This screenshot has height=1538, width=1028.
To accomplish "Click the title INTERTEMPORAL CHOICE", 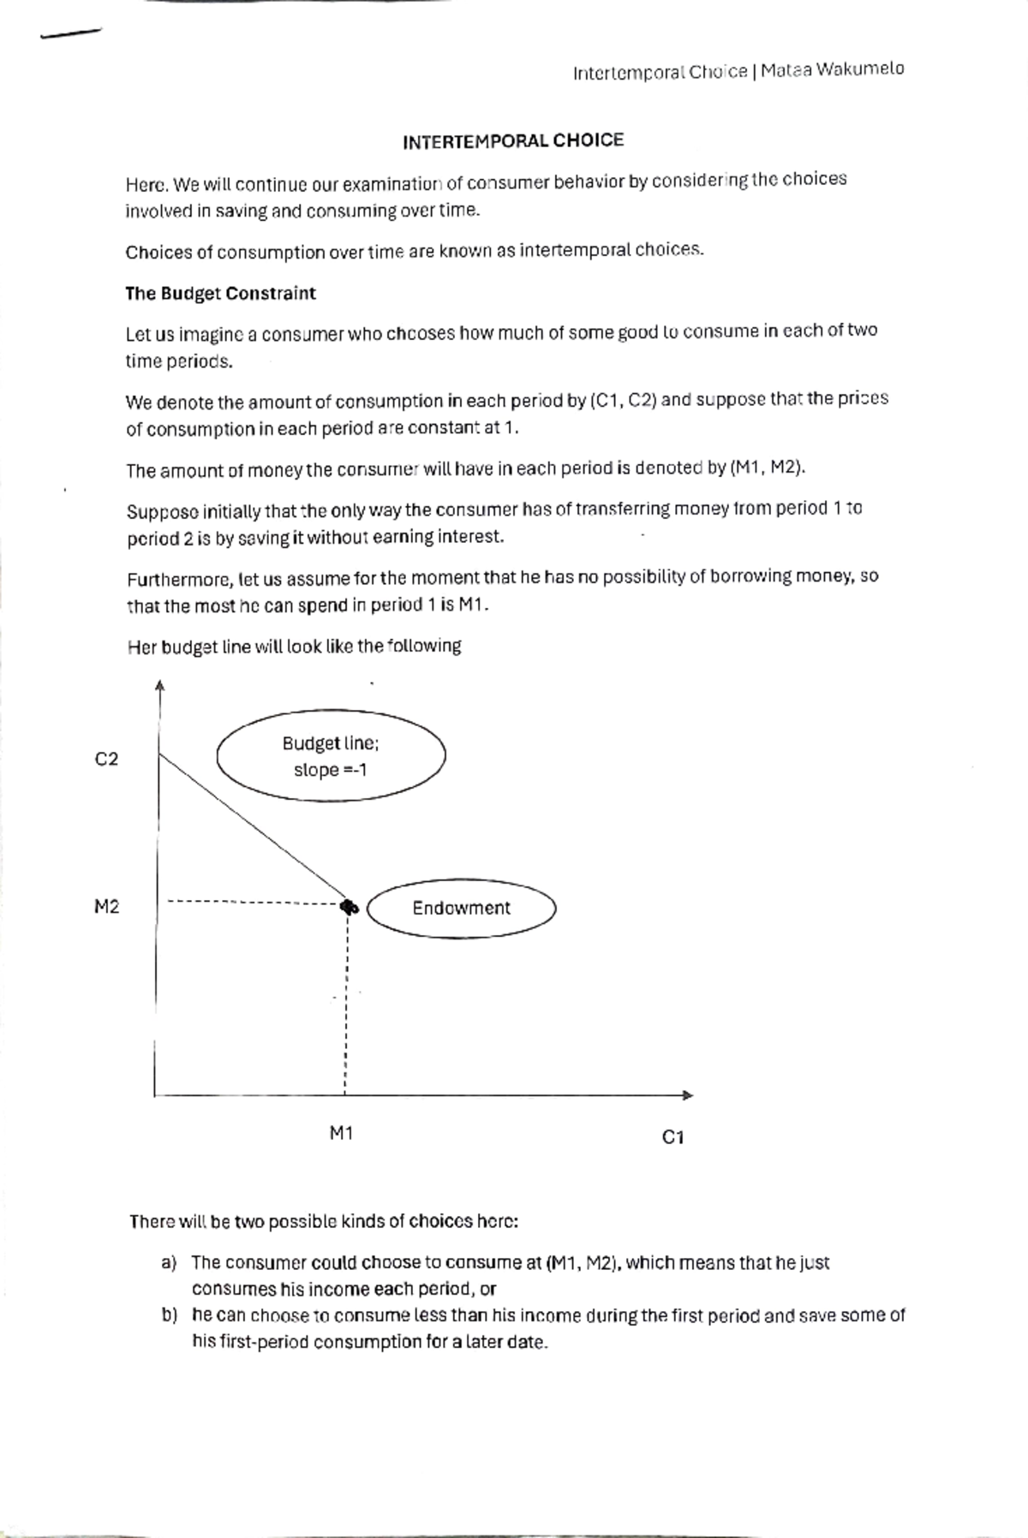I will coord(513,141).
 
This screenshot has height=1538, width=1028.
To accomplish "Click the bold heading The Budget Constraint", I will coord(220,294).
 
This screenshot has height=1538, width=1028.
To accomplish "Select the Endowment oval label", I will coord(462,909).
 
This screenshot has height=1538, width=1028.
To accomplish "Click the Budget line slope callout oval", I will coord(331,756).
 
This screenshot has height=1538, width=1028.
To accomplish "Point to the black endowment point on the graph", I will coord(348,907).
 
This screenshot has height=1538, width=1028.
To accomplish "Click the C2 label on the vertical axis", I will coord(106,760).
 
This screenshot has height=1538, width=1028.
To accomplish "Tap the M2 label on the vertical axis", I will coord(106,907).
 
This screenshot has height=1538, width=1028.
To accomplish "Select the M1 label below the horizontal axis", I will coord(341,1134).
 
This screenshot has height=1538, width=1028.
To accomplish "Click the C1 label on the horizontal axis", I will coord(673,1137).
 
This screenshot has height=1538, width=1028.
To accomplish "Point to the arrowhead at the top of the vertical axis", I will coord(159,686).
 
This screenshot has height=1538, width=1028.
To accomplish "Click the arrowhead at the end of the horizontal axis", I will coord(686,1095).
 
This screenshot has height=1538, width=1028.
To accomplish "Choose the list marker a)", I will coord(168,1263).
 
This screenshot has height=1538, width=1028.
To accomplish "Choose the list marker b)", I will coord(169,1315).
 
